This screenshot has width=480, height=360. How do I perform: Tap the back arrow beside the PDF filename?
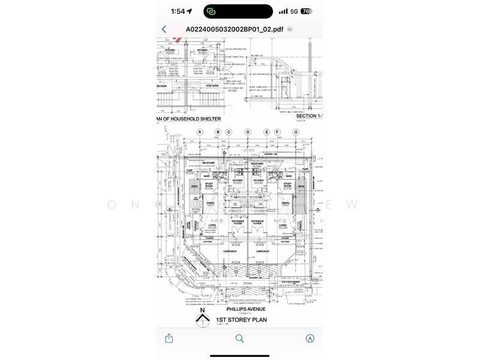pyautogui.click(x=164, y=29)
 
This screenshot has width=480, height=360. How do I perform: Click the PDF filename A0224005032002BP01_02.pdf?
pyautogui.click(x=235, y=29)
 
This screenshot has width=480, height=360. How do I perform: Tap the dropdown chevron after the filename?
pyautogui.click(x=290, y=29)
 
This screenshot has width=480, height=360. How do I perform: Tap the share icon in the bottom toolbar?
pyautogui.click(x=169, y=338)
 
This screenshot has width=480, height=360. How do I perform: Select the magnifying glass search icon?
pyautogui.click(x=239, y=338)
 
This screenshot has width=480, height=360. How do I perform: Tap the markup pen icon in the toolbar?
pyautogui.click(x=310, y=338)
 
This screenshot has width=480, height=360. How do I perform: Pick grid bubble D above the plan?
pyautogui.click(x=247, y=132)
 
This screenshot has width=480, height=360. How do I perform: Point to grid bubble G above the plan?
pyautogui.click(x=295, y=132)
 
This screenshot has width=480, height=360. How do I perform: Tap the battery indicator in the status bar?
pyautogui.click(x=305, y=11)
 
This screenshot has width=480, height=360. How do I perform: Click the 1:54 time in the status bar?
pyautogui.click(x=178, y=11)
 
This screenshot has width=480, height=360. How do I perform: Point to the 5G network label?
pyautogui.click(x=294, y=11)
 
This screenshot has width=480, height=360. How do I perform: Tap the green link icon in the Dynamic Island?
pyautogui.click(x=211, y=11)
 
